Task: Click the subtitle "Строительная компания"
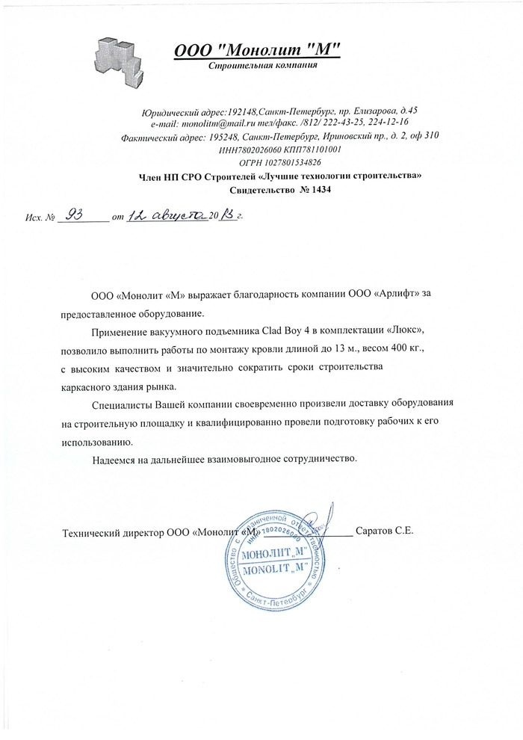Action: pos(258,66)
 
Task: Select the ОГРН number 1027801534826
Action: pos(291,161)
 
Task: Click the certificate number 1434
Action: pos(320,190)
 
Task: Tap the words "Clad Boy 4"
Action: pos(286,330)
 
